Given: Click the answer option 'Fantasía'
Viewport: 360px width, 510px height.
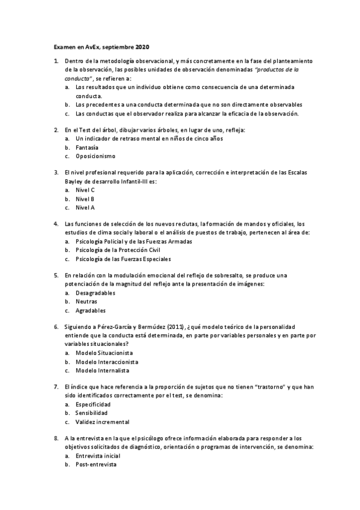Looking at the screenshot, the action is tap(87, 147).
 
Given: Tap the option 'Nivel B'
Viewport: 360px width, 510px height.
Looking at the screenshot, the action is tap(85, 199).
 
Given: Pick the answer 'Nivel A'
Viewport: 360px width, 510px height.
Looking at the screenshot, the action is tap(85, 208).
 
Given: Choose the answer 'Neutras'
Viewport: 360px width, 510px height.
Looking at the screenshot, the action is tap(86, 302).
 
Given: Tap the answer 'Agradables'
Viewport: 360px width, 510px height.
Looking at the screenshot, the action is tap(90, 311).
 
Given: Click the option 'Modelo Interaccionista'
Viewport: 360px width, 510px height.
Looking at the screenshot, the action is tap(106, 362).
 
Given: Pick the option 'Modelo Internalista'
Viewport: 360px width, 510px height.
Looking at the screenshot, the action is tap(103, 371).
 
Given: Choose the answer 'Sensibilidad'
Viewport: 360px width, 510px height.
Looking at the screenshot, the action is tap(91, 414).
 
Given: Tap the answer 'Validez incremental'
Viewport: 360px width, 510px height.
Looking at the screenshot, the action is tap(102, 423).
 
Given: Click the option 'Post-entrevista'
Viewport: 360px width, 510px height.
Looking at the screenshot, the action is tap(96, 465).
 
